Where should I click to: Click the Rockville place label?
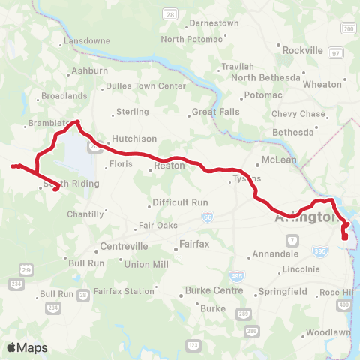tap(301, 50)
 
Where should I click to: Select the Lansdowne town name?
tap(88, 40)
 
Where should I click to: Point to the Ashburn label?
tap(89, 70)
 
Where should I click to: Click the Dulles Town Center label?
tap(145, 85)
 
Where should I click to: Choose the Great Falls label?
tap(214, 112)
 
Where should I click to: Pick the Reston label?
tap(169, 166)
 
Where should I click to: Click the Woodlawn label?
tap(328, 331)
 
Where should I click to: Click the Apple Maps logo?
tap(27, 346)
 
